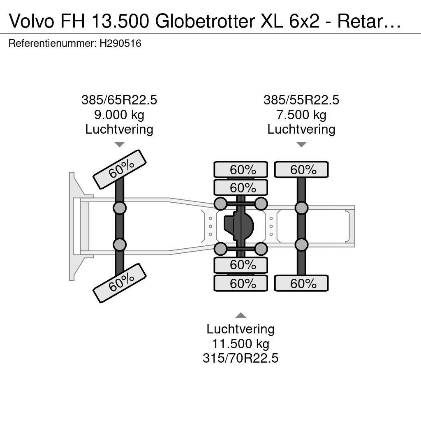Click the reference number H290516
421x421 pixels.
tap(120, 43)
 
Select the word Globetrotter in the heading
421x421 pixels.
tap(205, 21)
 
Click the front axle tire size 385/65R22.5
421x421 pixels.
tap(119, 100)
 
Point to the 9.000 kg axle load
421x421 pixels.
tap(119, 115)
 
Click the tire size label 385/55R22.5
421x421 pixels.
tap(301, 100)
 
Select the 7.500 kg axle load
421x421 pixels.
tap(301, 115)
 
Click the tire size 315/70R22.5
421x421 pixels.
tap(241, 358)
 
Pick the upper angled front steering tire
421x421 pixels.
tap(120, 169)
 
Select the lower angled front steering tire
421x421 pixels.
tap(120, 283)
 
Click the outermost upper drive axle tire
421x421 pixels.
tap(241, 169)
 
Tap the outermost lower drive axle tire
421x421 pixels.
tap(241, 283)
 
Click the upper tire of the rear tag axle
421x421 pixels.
tap(301, 169)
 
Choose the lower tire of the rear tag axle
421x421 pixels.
tap(301, 283)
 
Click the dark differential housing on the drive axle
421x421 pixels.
tap(239, 226)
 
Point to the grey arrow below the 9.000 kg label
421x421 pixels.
tap(120, 144)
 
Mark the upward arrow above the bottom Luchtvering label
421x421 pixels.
tap(241, 315)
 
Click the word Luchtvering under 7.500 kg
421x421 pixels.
tap(301, 129)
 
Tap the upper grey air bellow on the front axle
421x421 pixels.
tap(120, 208)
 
